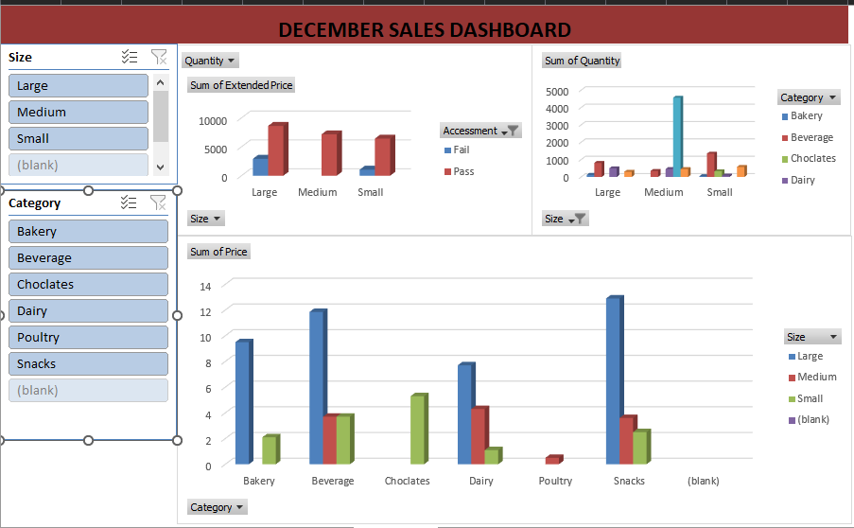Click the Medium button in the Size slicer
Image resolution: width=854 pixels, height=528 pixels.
[78, 112]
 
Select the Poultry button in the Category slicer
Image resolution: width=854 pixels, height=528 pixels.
[88, 337]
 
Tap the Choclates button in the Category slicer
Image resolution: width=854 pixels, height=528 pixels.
[88, 284]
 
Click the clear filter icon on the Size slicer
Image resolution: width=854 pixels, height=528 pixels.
[159, 57]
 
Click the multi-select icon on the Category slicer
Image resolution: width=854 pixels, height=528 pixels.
[130, 202]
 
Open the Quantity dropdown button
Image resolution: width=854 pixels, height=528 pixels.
[210, 61]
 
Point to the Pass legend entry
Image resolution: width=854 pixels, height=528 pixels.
[462, 171]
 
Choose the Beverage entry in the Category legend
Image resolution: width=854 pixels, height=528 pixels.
[810, 137]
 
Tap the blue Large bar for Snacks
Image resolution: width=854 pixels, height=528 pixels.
[614, 380]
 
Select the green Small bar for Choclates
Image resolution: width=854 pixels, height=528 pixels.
[417, 430]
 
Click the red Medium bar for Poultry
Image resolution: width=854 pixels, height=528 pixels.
[553, 460]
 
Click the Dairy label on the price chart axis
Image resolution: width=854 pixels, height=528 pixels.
[480, 481]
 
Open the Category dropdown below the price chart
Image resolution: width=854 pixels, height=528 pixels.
[217, 507]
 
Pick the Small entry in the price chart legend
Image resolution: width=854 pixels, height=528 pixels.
[810, 398]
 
